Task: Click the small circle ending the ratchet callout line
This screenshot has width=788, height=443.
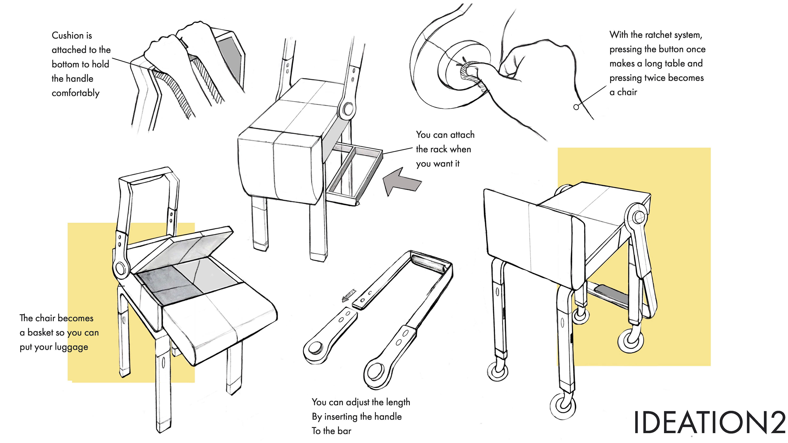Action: tap(576, 107)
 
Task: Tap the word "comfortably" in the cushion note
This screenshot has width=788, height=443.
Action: tap(76, 93)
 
